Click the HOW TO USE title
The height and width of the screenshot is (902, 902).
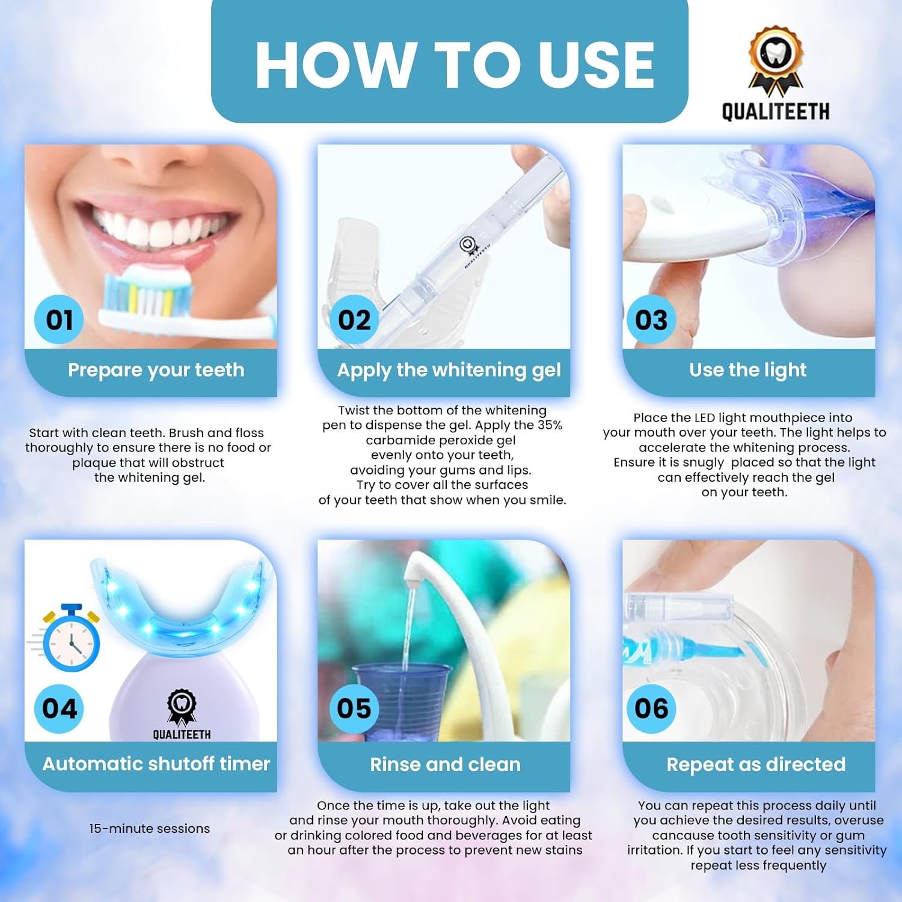455,65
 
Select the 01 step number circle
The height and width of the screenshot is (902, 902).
59,319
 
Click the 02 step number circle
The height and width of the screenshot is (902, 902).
354,319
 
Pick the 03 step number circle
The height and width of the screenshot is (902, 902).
651,319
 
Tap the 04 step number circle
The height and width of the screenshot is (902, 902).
59,708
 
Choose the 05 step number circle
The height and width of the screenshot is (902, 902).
354,708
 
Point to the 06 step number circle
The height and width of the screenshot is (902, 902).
651,708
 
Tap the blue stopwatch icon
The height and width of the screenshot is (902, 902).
71,638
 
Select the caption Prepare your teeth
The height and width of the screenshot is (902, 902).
156,370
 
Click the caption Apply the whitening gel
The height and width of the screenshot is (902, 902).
449,370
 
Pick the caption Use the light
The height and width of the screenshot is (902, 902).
748,370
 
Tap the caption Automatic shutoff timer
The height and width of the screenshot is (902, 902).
156,764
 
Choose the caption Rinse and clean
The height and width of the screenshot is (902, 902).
445,764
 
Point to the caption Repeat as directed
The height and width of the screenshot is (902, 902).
756,764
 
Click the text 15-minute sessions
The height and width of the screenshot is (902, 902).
150,829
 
